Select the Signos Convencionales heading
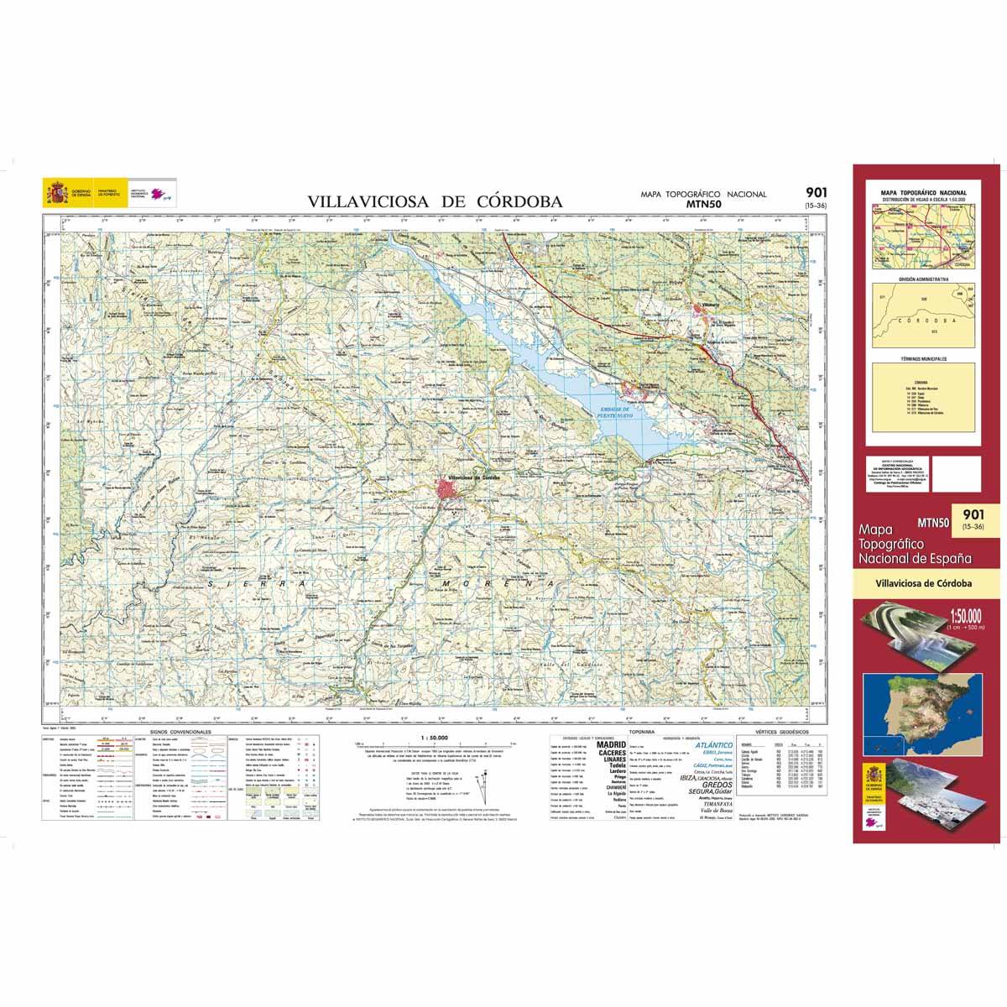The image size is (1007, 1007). pos(180,732)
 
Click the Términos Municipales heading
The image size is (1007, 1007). pos(922,357)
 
